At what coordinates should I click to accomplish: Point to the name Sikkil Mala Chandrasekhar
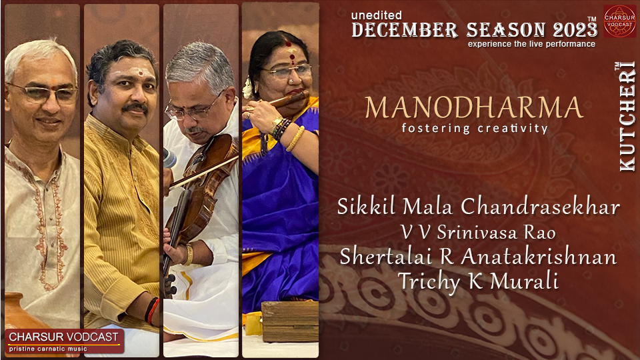tap(479, 207)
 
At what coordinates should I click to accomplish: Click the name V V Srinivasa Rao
tap(478, 233)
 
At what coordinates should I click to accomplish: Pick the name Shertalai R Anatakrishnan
tap(478, 257)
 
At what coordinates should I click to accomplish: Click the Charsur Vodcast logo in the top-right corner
tap(619, 20)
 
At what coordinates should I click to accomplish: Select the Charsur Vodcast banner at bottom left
tap(65, 340)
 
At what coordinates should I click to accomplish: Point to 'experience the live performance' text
tap(531, 44)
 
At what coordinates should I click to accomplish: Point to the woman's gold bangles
tap(295, 139)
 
